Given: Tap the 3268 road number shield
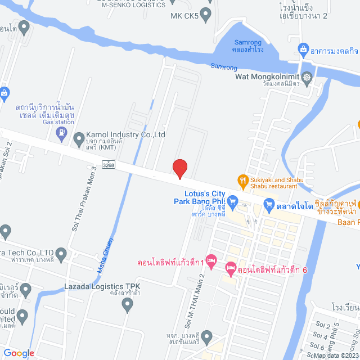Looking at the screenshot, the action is coord(109,164).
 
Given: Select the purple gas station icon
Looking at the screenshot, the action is coord(61,133).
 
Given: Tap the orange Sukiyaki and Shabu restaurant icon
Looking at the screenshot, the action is coord(243,180).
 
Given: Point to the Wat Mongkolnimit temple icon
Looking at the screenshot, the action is coord(307,78).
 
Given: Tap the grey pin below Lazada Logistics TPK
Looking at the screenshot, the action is coord(127,304).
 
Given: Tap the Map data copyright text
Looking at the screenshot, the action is coord(335,355).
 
